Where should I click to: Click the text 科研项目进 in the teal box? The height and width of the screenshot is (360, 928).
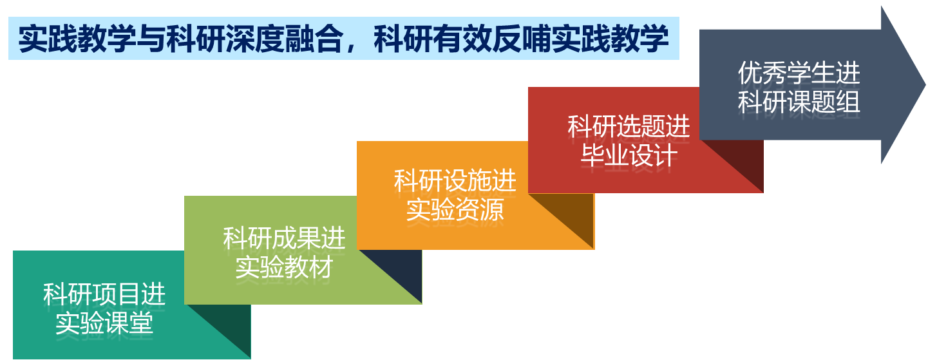104,294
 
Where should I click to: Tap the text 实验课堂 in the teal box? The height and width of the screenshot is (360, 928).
104,323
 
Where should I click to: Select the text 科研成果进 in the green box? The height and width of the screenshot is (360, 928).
284,238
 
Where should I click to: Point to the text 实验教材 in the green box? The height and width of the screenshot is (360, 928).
284,267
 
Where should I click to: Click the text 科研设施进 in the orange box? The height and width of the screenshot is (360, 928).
455,180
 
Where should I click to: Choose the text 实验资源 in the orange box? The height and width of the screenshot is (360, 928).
455,209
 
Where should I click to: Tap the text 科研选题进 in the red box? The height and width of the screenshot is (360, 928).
629,126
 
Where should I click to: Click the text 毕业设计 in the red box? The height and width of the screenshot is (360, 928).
629,155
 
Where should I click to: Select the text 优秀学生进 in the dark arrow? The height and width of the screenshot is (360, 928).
799,73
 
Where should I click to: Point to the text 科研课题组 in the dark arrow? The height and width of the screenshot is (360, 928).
799,102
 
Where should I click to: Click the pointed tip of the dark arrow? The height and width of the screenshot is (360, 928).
925,85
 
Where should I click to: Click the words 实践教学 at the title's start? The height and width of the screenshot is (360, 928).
77,39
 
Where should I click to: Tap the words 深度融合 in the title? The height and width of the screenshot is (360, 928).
284,39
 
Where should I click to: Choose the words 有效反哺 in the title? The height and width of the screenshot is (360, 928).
492,39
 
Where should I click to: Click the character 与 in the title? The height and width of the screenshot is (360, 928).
151,39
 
